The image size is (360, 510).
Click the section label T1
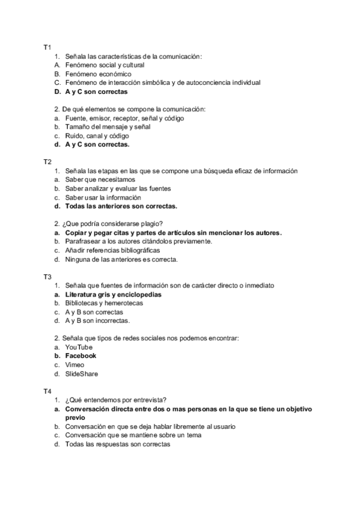tap(47, 47)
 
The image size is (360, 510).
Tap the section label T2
tap(47, 162)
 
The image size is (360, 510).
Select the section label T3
tap(47, 277)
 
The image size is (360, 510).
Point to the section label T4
tap(47, 392)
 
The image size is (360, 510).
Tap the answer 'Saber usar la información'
tap(103, 197)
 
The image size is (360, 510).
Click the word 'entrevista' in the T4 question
tap(148, 400)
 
